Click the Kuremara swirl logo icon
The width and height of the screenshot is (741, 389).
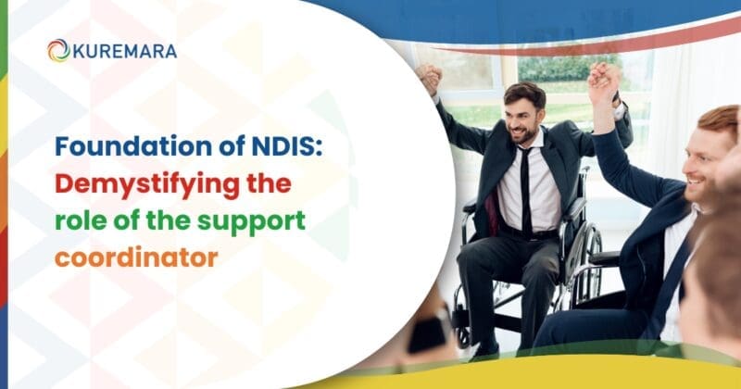[x=58, y=50]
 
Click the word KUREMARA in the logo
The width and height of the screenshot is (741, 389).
[x=124, y=51]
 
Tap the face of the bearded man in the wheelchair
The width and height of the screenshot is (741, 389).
[x=523, y=115]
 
